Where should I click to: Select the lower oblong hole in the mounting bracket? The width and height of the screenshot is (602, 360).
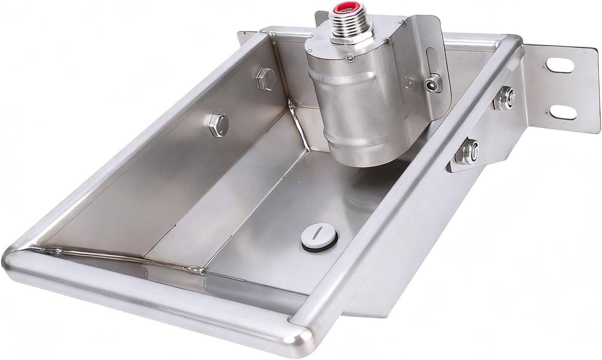[562, 111]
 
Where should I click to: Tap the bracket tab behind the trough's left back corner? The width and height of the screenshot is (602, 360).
[244, 37]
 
